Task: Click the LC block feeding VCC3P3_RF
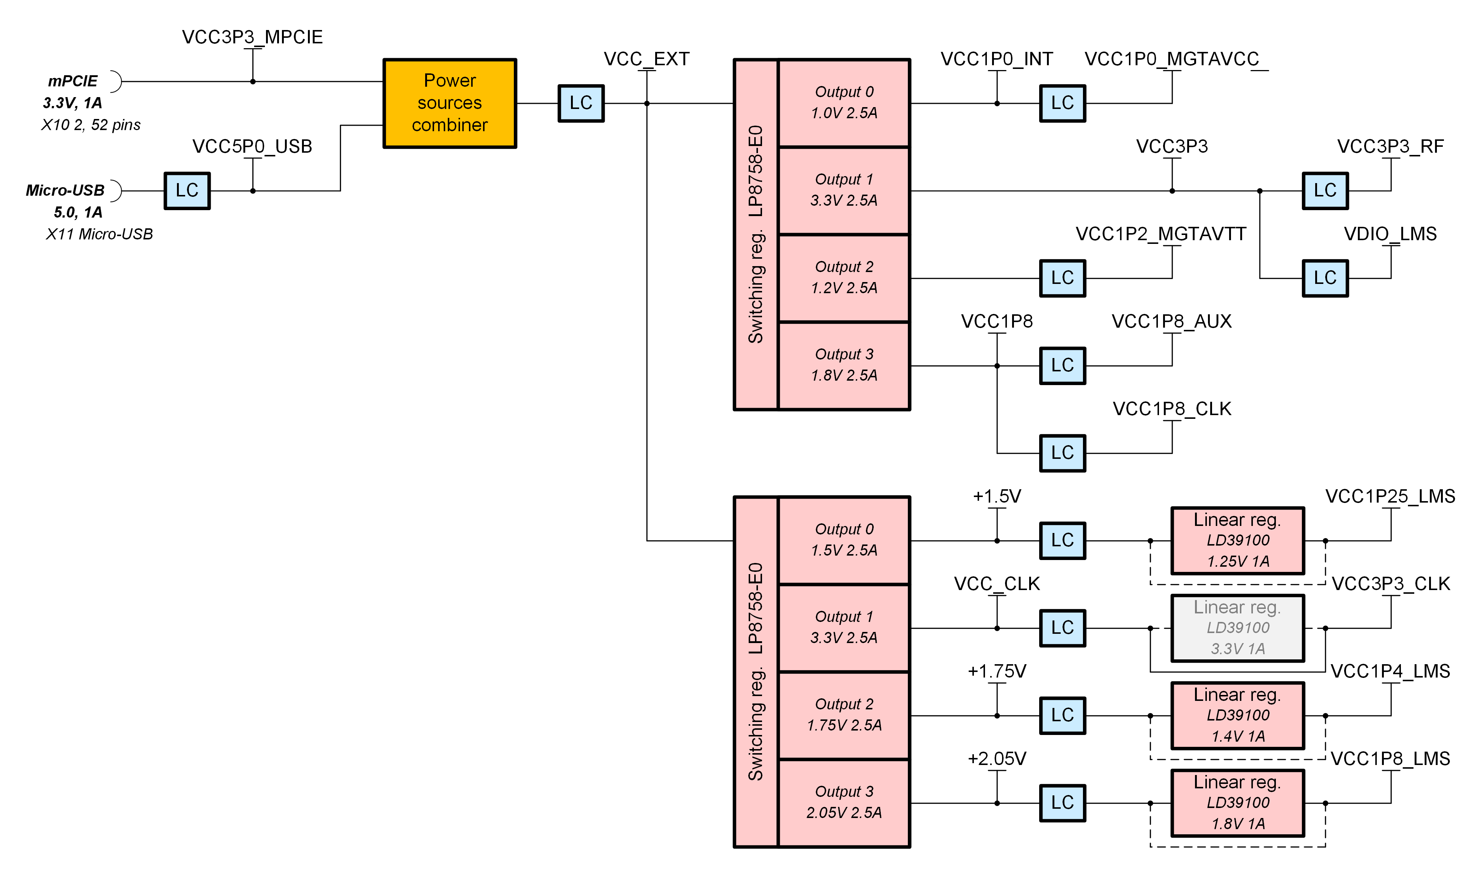tap(1324, 191)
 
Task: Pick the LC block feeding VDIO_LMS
tap(1324, 278)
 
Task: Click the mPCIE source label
tap(72, 81)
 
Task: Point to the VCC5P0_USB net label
tap(252, 146)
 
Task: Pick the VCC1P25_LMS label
tap(1390, 497)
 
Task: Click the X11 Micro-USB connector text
tap(99, 234)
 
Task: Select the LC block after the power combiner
tap(581, 103)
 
